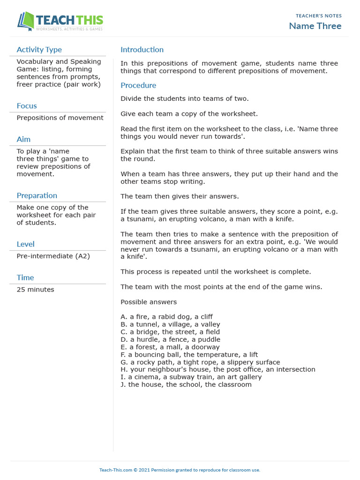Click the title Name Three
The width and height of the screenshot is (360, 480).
(315, 26)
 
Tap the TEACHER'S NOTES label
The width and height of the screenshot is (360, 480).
(318, 16)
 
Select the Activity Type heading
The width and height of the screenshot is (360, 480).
(39, 50)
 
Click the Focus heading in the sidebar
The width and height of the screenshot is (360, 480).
(27, 106)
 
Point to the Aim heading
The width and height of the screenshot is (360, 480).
(23, 139)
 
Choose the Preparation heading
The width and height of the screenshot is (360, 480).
(37, 195)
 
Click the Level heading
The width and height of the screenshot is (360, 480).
(25, 244)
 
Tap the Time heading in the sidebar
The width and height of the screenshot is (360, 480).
(25, 277)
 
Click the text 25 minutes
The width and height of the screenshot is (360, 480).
(35, 290)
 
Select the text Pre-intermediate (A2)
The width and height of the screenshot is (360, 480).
(53, 256)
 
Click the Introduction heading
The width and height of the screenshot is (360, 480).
(142, 50)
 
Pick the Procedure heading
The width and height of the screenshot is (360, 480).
(138, 85)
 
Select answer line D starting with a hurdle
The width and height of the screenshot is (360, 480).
(170, 339)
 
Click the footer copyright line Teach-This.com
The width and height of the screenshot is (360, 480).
(180, 470)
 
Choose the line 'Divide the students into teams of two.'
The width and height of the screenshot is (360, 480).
(184, 98)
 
